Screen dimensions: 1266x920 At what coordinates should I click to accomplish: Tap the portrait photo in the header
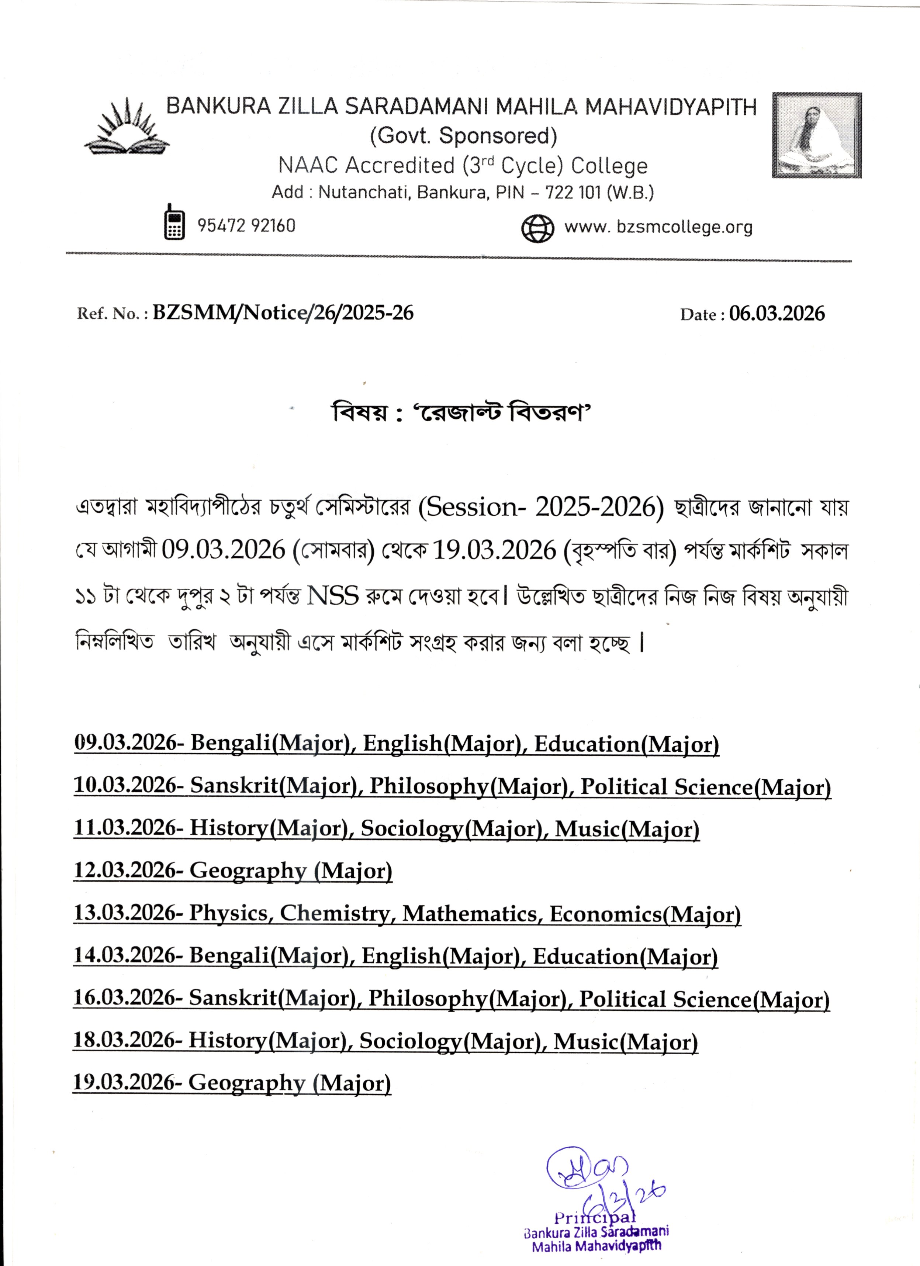click(x=816, y=136)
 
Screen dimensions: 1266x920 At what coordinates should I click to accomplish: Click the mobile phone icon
click(x=174, y=222)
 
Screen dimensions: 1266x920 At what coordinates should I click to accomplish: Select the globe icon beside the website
click(x=537, y=228)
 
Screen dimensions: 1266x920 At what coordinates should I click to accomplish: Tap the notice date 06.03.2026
click(x=777, y=314)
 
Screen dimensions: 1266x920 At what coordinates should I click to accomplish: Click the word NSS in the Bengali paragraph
click(x=333, y=596)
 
